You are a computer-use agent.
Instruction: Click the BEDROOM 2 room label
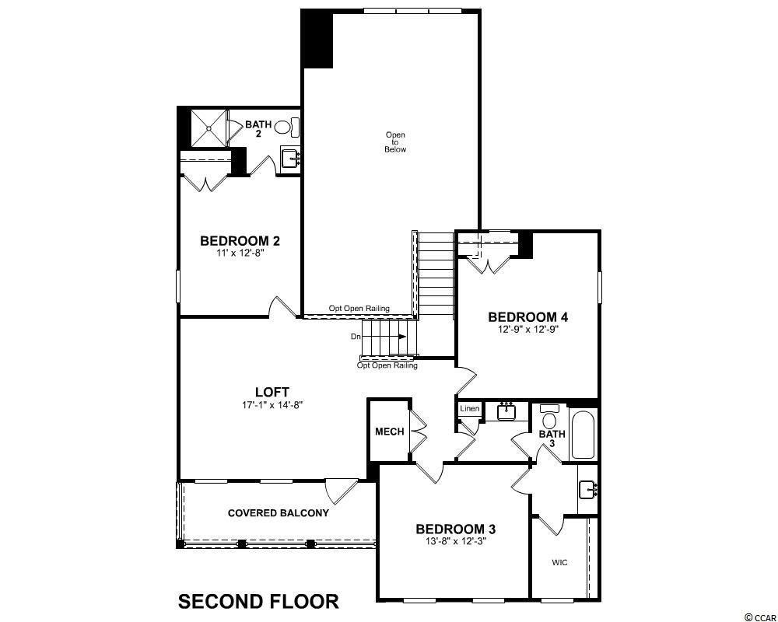(x=240, y=241)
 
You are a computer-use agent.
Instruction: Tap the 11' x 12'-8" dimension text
(x=240, y=253)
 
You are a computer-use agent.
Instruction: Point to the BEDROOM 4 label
(x=528, y=317)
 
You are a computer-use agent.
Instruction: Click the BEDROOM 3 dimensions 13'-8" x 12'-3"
(x=456, y=540)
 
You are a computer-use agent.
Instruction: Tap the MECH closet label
(x=390, y=432)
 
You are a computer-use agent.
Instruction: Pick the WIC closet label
(x=559, y=562)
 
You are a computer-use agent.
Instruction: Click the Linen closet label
(x=469, y=409)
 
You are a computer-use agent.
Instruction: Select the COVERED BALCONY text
(x=279, y=513)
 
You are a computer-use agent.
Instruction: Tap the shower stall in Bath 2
(x=209, y=128)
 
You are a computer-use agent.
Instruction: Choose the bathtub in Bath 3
(x=583, y=435)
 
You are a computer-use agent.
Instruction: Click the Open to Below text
(x=395, y=142)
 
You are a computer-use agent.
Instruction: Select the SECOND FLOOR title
(x=258, y=602)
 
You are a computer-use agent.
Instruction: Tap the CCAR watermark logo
(x=760, y=617)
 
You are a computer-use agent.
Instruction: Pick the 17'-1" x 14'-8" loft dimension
(x=272, y=405)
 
